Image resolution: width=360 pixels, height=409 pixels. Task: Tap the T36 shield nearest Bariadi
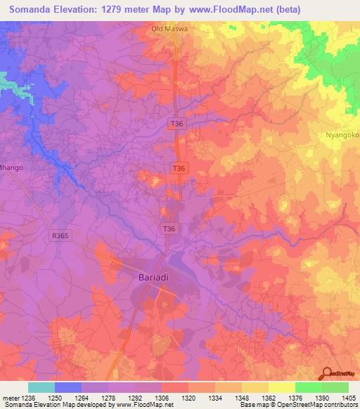pos(169,228)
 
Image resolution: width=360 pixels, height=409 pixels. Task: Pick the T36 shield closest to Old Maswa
pos(177,124)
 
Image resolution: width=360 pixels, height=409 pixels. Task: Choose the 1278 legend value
pos(107,398)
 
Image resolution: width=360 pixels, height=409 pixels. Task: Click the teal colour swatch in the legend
pos(41,387)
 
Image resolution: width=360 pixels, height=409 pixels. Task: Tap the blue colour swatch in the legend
pos(67,387)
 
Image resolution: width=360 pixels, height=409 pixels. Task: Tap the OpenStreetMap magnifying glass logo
pos(327,373)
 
